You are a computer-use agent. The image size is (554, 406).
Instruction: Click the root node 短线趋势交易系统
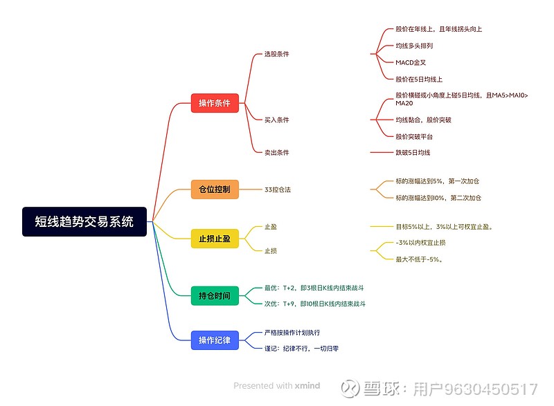(84, 221)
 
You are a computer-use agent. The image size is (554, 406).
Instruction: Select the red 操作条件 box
(215, 103)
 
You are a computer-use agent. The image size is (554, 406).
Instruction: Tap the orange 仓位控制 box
(215, 190)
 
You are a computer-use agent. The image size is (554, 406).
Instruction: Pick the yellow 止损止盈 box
(215, 239)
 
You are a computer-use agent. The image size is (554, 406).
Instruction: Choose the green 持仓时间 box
(215, 295)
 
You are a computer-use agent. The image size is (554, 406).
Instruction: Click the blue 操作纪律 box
(215, 340)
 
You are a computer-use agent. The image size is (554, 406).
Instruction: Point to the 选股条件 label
(276, 54)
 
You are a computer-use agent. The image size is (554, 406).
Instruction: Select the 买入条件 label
(276, 120)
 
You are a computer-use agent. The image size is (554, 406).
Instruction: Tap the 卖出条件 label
(276, 152)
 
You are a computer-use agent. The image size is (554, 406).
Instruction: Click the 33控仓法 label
(278, 190)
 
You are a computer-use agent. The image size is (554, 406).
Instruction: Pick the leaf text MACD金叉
(411, 62)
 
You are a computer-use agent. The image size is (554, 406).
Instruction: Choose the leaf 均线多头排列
(414, 46)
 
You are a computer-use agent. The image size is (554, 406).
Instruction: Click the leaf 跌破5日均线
(413, 152)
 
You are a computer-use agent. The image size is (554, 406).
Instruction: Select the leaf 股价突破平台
(414, 136)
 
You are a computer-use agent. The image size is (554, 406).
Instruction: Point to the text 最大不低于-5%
(419, 259)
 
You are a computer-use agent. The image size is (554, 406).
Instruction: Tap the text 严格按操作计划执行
(292, 333)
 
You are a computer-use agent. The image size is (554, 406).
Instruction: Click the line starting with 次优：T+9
(315, 304)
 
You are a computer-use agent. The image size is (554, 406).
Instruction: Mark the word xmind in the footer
(307, 385)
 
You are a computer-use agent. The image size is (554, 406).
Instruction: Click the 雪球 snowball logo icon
(350, 389)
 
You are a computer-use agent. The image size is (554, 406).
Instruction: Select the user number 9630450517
(490, 389)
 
